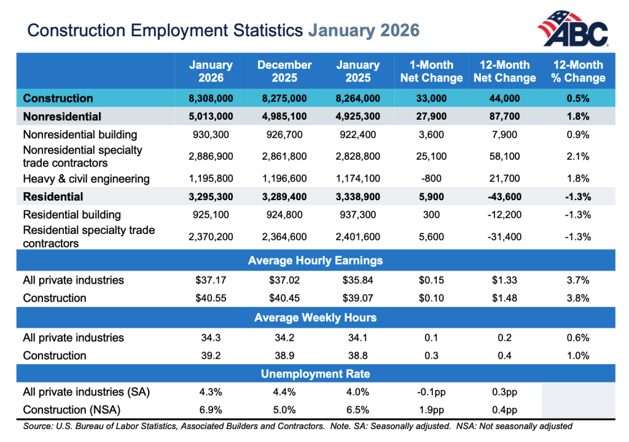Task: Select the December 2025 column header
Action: click(284, 71)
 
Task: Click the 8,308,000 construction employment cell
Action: click(211, 98)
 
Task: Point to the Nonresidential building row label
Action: click(80, 134)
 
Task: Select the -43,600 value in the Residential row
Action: click(505, 197)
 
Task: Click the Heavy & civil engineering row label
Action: click(86, 179)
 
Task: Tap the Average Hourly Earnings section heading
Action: click(315, 260)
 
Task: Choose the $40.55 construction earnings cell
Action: click(211, 298)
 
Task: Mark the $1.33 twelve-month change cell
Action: click(505, 280)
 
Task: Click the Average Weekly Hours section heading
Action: click(315, 317)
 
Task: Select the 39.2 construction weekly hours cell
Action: click(211, 355)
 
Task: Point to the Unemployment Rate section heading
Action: click(315, 374)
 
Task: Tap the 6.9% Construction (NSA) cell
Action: click(211, 410)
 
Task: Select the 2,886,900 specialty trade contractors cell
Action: click(211, 157)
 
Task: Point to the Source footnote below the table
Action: click(297, 426)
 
